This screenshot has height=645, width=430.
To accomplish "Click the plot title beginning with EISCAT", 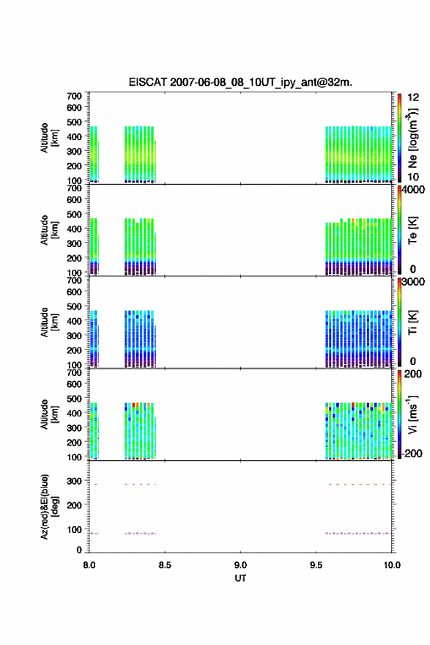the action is coord(240,82).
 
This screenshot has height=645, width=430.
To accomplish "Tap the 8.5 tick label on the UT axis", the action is coord(164,565).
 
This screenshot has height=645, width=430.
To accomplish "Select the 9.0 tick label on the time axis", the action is coord(240,565).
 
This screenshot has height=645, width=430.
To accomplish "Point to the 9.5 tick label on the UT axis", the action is coord(316,565).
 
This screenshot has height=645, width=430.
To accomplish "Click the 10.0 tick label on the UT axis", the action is coord(392,565).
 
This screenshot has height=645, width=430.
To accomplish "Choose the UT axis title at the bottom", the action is coord(240,578).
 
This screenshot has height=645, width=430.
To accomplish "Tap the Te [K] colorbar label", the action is coord(413,230).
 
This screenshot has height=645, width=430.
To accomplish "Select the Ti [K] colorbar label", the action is coord(413,322).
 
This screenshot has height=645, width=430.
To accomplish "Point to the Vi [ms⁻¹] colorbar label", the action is coord(413,415).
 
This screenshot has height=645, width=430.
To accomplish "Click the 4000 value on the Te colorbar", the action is coord(413,190).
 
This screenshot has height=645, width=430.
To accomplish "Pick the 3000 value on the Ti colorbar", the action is coord(413,281).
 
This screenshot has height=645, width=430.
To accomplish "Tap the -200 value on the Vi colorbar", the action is coord(412,453).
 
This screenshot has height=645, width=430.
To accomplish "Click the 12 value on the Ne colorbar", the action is coord(413,97).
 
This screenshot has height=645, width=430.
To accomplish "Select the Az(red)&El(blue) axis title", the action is coord(49,506).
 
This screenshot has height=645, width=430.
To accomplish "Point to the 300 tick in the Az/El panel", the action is coord(75,481).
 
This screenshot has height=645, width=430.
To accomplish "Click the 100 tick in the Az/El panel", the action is coord(75,529).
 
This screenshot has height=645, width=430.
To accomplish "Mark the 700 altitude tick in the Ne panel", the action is coord(75,96).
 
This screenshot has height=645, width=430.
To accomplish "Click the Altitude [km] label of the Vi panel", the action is coord(49,414).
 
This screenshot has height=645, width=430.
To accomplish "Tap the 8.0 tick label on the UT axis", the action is coord(89,565).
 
